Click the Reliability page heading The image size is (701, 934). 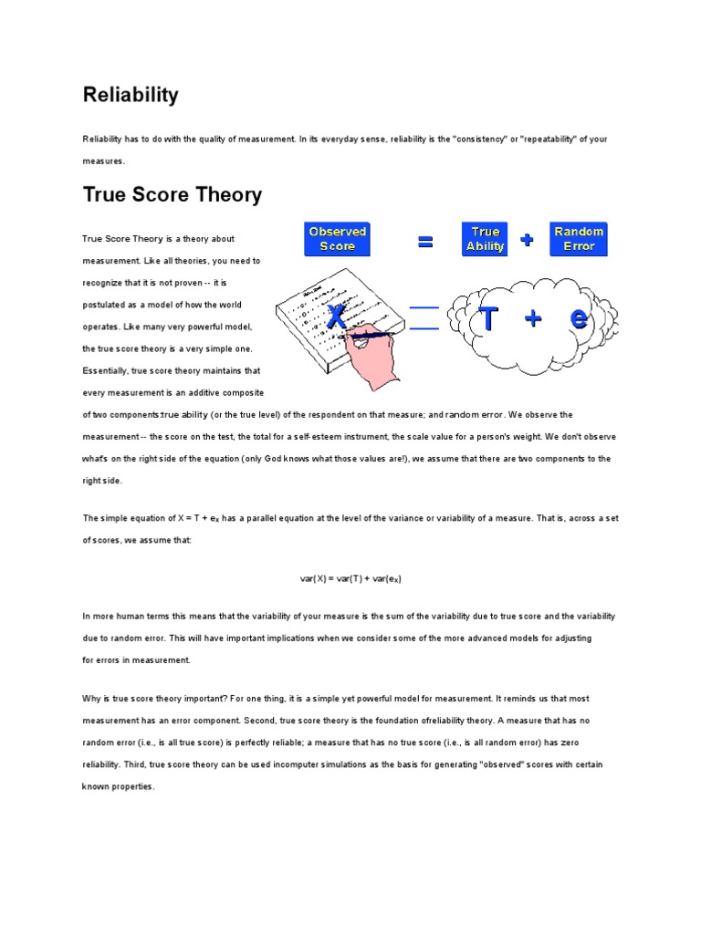131,95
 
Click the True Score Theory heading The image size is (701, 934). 173,194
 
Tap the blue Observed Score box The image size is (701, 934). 338,239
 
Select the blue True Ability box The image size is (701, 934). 485,239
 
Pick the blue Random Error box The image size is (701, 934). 579,239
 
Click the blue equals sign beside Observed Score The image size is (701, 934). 424,242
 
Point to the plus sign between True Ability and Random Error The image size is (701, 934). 528,240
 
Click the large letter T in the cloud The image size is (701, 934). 489,319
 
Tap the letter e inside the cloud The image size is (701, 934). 579,319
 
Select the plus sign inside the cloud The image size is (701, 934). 533,319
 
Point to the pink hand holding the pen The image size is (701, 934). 370,356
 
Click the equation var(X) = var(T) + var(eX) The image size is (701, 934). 351,579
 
